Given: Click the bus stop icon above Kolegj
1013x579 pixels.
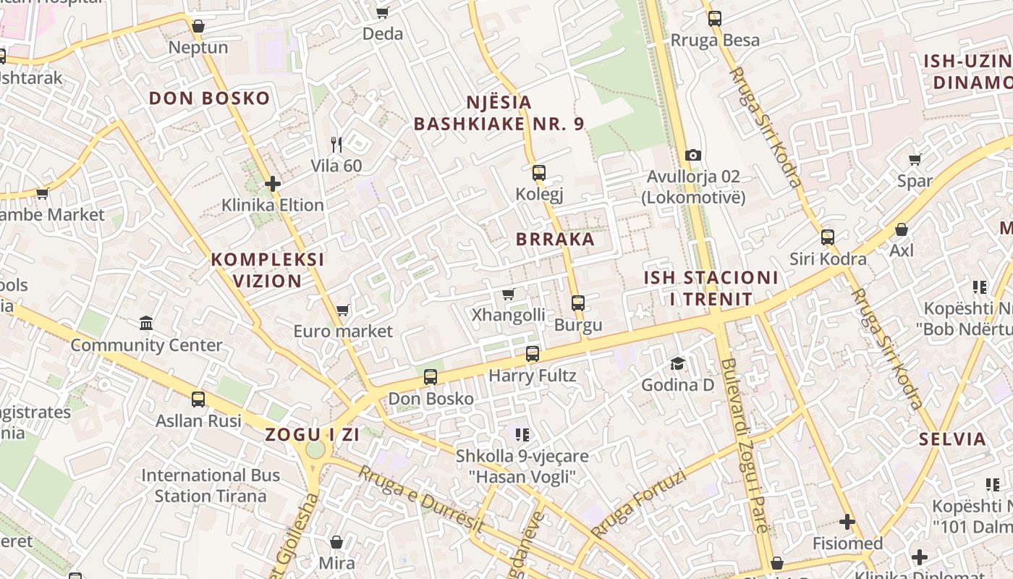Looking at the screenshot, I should click(x=539, y=172).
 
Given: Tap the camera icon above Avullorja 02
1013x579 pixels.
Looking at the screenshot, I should click(x=693, y=155).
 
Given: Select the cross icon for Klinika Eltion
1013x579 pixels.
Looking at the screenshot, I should click(x=273, y=184).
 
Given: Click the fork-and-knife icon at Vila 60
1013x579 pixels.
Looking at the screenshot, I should click(x=336, y=144).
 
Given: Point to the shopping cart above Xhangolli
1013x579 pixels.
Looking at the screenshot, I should click(x=508, y=294).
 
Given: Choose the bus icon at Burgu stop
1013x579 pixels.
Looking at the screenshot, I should click(x=578, y=303).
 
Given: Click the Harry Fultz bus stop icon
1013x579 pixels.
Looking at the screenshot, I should click(x=533, y=354).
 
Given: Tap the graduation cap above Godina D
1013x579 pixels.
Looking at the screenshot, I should click(x=677, y=363).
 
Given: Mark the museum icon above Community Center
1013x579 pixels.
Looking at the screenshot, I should click(x=146, y=323).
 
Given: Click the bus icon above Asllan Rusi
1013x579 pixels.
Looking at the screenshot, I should click(x=198, y=399).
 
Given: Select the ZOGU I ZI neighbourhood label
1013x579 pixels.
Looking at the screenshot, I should click(x=313, y=435).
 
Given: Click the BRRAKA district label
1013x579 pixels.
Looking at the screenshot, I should click(x=555, y=239).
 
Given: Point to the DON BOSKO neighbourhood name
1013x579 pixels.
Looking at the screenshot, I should click(x=209, y=98).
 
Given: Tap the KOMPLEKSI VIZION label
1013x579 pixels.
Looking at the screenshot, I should click(x=267, y=270).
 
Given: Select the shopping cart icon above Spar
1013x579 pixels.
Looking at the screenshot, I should click(x=915, y=159).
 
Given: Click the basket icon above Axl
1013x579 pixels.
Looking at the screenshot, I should click(x=902, y=229).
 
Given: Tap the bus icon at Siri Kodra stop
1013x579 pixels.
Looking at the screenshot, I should click(x=828, y=237).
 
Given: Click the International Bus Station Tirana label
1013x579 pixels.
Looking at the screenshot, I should click(x=210, y=486).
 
